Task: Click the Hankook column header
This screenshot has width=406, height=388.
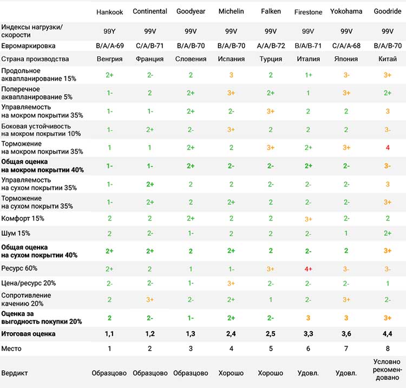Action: coord(109,12)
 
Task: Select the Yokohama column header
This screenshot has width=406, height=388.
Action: coord(346,11)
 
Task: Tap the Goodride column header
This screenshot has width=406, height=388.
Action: coord(388,11)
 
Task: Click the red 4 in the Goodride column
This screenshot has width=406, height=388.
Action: coord(388,148)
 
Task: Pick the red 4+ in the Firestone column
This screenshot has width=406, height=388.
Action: coord(308,269)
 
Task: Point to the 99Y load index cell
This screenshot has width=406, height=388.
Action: coord(109,31)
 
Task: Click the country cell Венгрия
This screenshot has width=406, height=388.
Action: coord(109,59)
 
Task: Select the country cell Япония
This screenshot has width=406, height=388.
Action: coord(346,59)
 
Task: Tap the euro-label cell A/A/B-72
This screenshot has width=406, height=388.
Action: coord(271,46)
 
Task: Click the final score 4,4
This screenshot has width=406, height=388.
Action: coord(388,334)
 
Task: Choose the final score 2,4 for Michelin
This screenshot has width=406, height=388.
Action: coord(231,334)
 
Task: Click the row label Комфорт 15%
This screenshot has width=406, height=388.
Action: coord(23,218)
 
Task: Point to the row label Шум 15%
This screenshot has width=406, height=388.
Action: coord(16,233)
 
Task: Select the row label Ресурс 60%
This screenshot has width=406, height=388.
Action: coord(19,268)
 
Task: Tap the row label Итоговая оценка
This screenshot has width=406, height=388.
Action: coord(28,334)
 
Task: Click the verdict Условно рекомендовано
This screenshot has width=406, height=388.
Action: coord(388,370)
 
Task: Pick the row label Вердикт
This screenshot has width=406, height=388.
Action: coord(15,373)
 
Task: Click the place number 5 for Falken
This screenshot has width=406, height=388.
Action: coord(271,348)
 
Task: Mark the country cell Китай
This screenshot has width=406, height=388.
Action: coord(388,59)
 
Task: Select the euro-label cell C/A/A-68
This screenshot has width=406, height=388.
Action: coord(346,46)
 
